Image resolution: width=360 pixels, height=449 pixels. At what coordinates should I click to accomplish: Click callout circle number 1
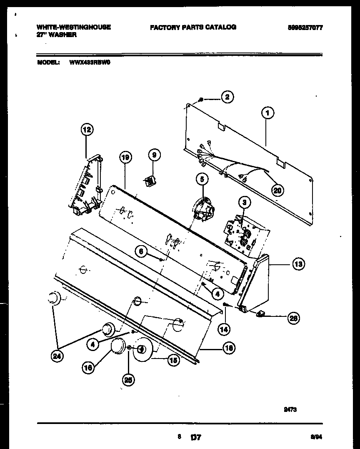tap(267, 112)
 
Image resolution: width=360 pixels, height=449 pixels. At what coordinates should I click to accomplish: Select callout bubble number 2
tap(227, 97)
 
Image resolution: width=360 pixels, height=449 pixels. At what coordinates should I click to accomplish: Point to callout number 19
tap(125, 157)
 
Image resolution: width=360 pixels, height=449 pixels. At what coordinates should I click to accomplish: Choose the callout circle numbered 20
tap(277, 190)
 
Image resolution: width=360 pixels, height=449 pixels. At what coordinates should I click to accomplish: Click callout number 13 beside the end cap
tap(298, 263)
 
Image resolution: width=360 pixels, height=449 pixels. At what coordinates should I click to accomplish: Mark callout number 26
tap(293, 319)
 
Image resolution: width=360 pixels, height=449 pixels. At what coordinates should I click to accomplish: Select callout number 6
tap(141, 251)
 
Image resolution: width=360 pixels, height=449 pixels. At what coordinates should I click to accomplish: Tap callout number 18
tap(228, 348)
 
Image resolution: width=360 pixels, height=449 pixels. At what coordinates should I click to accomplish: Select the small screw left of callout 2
tap(201, 100)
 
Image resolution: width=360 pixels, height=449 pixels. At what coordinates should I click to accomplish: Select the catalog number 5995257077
tap(305, 28)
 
